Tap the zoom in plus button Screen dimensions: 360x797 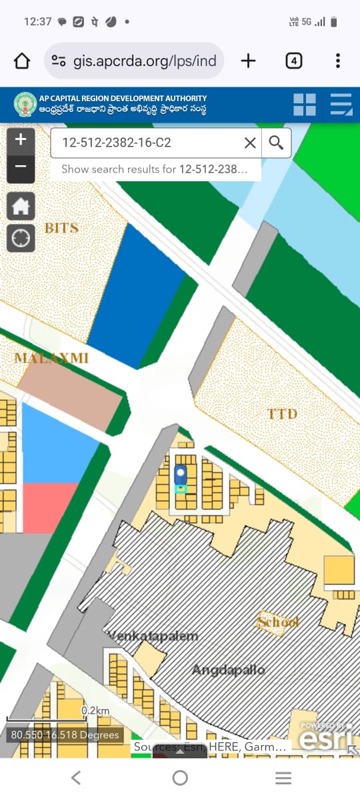pos(21,140)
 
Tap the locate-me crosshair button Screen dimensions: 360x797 pos(21,238)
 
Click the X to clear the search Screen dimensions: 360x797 pos(250,143)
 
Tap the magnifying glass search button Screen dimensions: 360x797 pos(276,143)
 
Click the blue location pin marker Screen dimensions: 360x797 pos(180,476)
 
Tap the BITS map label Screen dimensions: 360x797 pos(61,228)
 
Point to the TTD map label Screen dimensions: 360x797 pos(282,414)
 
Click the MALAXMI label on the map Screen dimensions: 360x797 pos(51,358)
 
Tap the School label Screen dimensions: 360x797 pos(278,622)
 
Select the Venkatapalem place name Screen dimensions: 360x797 pos(153,636)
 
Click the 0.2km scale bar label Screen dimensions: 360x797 pos(95,711)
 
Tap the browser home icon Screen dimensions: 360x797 pos(22,61)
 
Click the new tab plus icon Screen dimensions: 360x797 pos(248,61)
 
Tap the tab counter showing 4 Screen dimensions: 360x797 pos(293,61)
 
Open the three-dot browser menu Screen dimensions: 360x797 pos(338,61)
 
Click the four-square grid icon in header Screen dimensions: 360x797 pos(305,105)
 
